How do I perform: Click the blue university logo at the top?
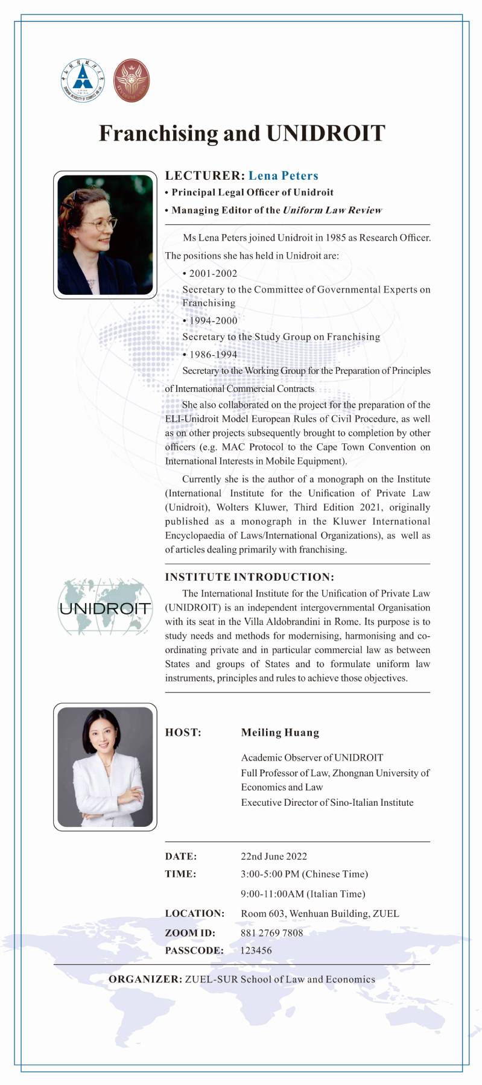point(82,80)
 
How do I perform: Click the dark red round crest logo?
point(132,80)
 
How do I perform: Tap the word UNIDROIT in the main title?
point(325,133)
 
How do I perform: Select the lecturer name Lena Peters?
point(283,176)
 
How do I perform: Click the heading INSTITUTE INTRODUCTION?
point(249,577)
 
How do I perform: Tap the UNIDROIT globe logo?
point(105,607)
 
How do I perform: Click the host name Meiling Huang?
point(280,732)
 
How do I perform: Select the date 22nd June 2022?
point(274,856)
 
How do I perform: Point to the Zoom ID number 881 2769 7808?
point(271,932)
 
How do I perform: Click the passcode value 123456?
point(256,950)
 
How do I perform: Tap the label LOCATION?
point(194,913)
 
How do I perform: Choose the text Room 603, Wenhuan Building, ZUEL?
point(320,913)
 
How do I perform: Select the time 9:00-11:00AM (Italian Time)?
point(303,893)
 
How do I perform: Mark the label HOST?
point(183,732)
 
